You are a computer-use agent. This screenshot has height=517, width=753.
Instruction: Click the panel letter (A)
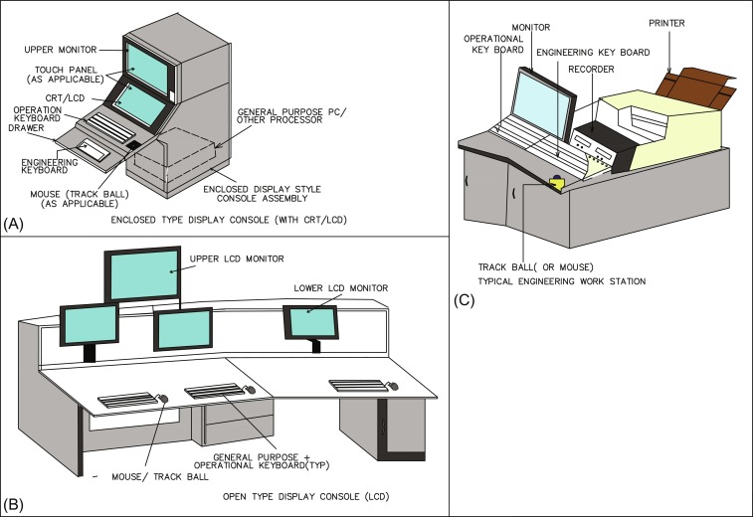pos(15,222)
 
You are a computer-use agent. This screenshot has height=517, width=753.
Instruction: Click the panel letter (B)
pos(15,504)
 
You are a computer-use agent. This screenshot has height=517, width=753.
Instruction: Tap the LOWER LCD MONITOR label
pos(339,287)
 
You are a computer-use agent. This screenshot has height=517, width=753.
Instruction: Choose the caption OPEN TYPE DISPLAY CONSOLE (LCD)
pos(304,495)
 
